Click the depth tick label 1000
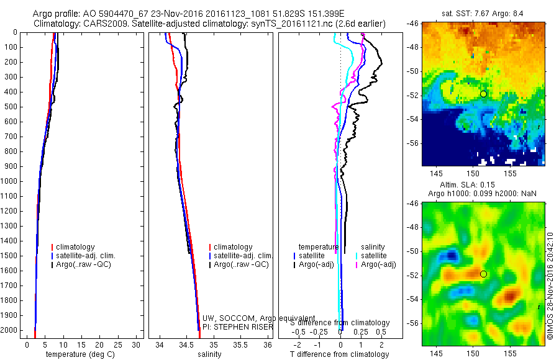tap(11, 181)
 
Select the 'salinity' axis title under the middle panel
tap(209, 354)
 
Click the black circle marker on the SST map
tap(483, 94)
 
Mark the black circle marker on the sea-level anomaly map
tap(483, 274)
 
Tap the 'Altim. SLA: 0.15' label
tap(483, 184)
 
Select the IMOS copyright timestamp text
tap(550, 286)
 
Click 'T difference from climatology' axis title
tap(339, 354)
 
